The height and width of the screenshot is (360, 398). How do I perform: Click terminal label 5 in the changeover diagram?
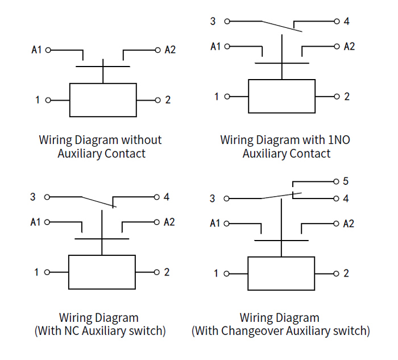click(x=345, y=181)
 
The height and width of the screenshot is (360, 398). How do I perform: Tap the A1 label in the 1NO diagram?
click(x=215, y=47)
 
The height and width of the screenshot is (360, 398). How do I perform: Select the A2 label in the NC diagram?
click(x=169, y=222)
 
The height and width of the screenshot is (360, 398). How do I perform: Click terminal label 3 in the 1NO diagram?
click(x=213, y=22)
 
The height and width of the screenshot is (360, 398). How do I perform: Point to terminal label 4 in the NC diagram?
click(x=166, y=197)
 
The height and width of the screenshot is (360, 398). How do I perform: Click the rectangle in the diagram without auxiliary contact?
click(x=102, y=100)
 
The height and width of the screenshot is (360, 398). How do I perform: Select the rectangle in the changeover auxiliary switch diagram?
click(x=281, y=274)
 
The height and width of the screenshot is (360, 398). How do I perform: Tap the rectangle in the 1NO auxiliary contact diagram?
click(x=281, y=97)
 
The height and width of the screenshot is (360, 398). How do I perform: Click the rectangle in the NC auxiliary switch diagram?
click(x=102, y=272)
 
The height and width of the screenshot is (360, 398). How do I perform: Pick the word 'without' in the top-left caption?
click(x=141, y=140)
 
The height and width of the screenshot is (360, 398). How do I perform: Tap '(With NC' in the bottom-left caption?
click(x=57, y=330)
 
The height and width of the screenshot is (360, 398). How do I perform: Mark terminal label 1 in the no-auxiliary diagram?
click(x=38, y=100)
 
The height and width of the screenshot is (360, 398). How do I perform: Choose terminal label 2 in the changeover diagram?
click(x=346, y=274)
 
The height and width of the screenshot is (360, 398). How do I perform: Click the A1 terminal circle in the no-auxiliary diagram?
click(x=48, y=50)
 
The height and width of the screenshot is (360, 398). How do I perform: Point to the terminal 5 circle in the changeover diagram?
click(x=335, y=181)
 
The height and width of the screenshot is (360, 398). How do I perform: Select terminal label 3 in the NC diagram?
click(x=33, y=197)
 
